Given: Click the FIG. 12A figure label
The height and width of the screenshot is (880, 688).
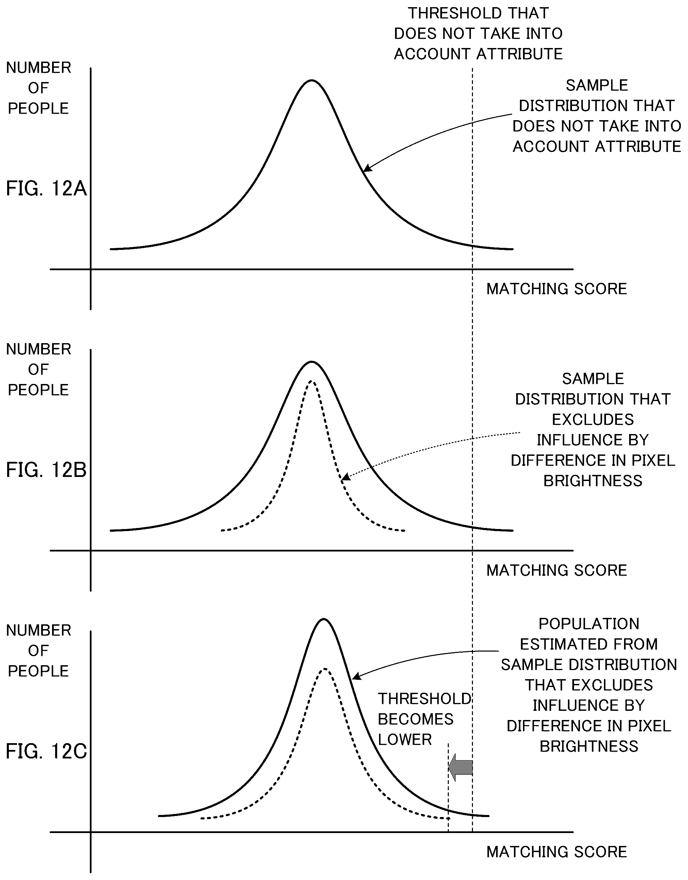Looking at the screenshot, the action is coord(46,189).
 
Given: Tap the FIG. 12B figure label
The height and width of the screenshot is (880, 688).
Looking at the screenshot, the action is coord(46,470).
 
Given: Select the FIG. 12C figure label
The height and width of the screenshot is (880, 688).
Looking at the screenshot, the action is coord(46,751).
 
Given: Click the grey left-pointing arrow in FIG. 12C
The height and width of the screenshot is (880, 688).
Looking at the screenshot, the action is coord(460,767).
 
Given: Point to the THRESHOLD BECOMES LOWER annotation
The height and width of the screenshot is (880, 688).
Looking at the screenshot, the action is coord(425,719).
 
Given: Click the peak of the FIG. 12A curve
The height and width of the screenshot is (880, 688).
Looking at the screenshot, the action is coord(311,81).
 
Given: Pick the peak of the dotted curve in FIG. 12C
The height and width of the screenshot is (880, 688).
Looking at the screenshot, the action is coord(325,669).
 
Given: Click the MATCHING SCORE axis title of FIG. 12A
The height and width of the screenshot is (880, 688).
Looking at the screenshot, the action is coord(557,289).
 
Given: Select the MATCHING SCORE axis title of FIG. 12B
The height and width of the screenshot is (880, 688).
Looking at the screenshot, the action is coord(557,570).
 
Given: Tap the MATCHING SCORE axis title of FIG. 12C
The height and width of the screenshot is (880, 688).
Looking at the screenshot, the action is coord(557,852).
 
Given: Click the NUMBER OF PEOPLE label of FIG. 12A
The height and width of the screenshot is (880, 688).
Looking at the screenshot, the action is coord(39,88).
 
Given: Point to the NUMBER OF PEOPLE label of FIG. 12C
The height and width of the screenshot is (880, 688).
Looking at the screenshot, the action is coord(39,651).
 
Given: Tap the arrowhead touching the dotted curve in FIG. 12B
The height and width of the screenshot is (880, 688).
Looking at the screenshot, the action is coord(346,478).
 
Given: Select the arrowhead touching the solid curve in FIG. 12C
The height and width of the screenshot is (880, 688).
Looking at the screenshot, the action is coord(357,676).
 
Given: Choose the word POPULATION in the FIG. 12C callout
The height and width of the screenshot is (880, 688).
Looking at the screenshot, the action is coord(589,624).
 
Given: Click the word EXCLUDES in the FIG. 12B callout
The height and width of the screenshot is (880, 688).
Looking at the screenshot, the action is coord(593,420).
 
